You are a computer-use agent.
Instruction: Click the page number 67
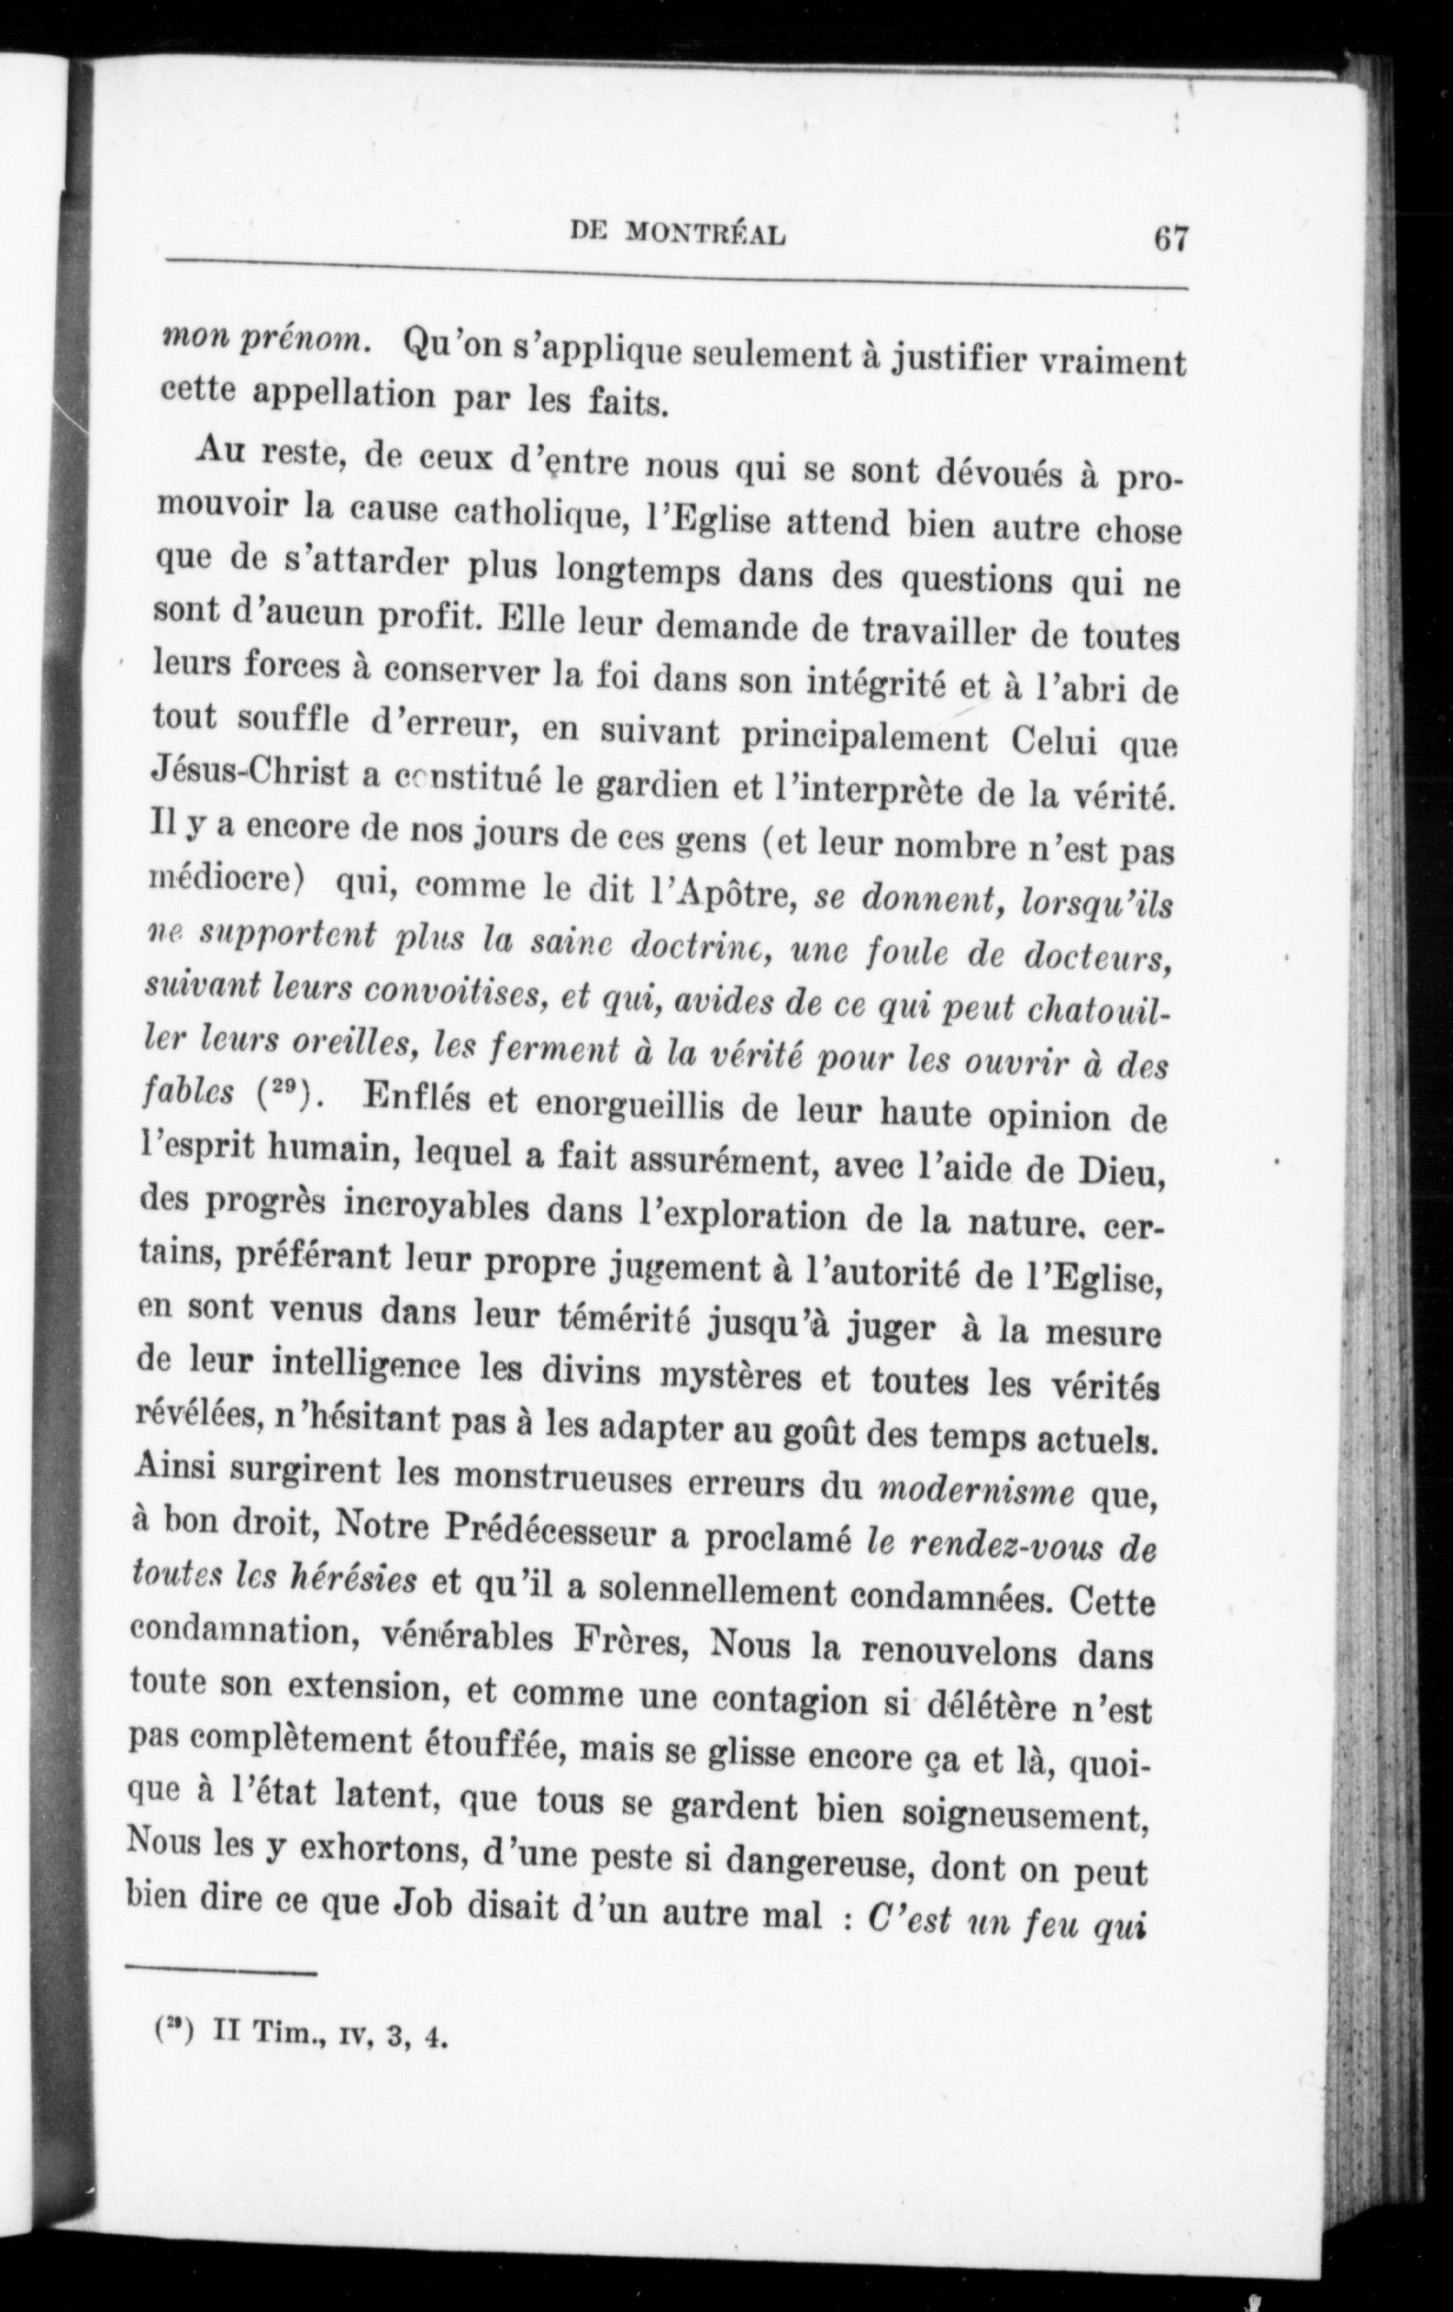(1170, 237)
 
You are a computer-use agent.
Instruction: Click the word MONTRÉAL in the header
(705, 234)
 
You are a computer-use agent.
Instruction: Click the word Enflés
(414, 1099)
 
